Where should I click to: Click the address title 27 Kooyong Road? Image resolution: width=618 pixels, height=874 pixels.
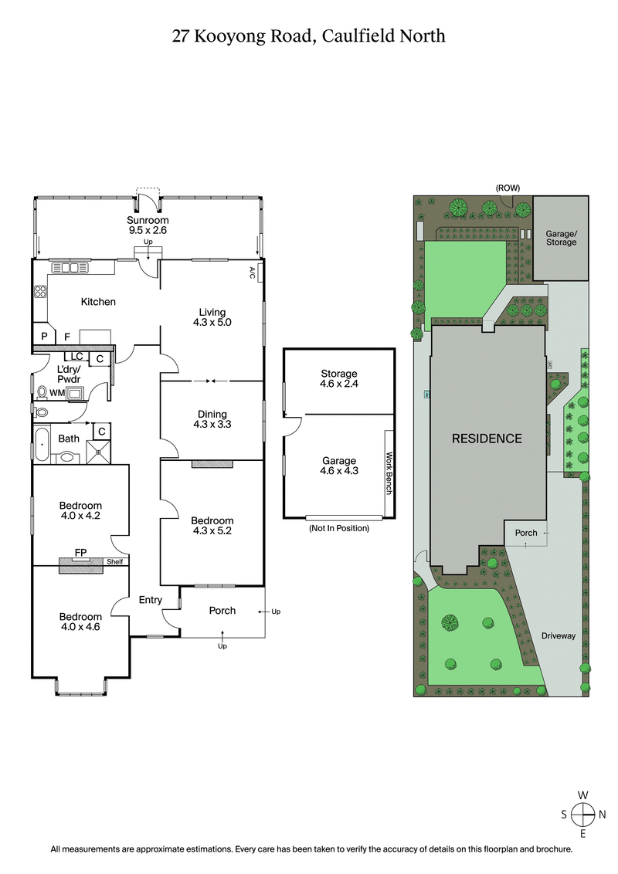(x=309, y=36)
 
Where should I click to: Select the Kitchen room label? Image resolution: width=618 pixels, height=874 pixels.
(x=98, y=302)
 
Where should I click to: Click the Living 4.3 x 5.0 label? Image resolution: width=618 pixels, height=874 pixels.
(x=211, y=317)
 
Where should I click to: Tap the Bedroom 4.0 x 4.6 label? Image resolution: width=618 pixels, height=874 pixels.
(x=80, y=622)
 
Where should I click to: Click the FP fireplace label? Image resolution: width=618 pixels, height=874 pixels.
(x=80, y=553)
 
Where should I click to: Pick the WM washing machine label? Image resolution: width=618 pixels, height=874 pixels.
(x=56, y=393)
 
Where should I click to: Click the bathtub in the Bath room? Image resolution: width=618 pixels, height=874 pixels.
(x=41, y=445)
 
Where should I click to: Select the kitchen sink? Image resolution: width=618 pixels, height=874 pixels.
(x=66, y=269)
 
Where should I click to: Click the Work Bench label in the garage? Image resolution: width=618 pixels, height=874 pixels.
(x=389, y=471)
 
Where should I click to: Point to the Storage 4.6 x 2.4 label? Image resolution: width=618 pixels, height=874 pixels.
(x=339, y=378)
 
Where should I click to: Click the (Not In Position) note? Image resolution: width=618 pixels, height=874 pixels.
(x=338, y=528)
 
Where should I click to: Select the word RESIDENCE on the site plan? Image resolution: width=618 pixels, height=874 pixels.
(x=487, y=439)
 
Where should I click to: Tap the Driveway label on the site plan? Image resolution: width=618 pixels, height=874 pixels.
(x=559, y=636)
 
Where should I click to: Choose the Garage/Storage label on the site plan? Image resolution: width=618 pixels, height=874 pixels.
(x=562, y=237)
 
